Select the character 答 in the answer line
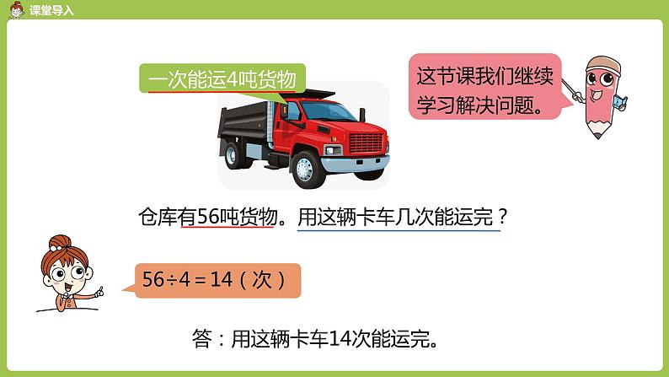(x=201, y=341)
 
